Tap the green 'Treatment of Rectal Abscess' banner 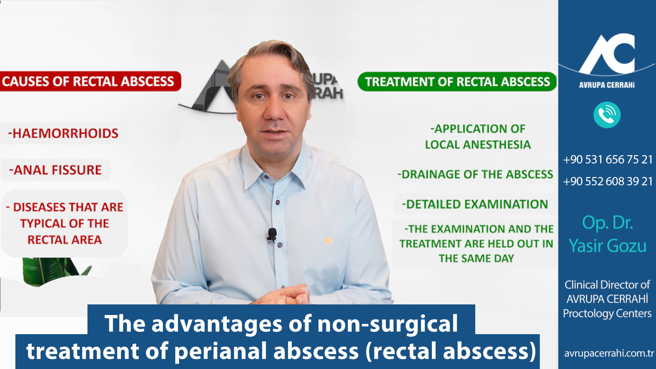457,82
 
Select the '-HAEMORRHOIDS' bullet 63,133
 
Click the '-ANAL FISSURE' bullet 55,170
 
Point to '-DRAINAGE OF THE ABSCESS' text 475,174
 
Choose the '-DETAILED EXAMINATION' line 475,204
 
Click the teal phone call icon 607,115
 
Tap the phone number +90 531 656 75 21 608,160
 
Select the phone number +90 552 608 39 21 608,181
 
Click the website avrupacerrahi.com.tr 609,353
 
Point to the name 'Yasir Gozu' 607,246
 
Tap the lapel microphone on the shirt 272,235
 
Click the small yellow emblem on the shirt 328,241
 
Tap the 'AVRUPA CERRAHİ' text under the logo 607,85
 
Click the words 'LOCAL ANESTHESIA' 478,145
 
